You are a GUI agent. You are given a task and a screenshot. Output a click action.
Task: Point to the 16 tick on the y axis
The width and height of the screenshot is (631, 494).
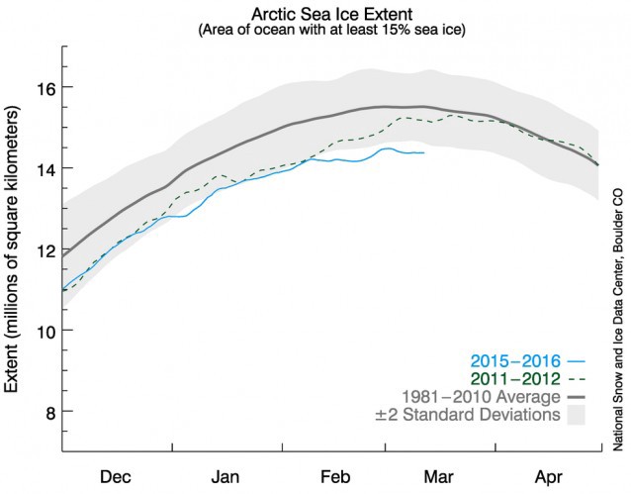45,88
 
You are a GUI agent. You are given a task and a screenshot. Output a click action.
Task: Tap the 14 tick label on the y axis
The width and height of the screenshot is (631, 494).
45,168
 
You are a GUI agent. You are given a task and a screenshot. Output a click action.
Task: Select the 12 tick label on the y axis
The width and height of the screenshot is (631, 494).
45,249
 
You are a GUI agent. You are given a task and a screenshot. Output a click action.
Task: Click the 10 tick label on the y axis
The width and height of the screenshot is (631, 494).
45,330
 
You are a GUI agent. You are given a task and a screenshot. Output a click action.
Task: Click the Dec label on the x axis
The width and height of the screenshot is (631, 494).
117,472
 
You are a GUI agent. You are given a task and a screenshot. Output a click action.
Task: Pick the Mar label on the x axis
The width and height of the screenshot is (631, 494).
437,472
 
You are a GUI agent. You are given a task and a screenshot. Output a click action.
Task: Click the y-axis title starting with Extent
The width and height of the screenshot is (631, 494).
16,252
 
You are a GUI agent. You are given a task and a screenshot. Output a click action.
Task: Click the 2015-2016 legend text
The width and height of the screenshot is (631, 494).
504,360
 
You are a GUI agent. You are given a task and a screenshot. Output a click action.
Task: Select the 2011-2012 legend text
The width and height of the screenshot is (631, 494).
504,378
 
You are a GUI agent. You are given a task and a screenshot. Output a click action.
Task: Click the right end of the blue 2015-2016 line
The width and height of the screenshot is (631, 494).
424,152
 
